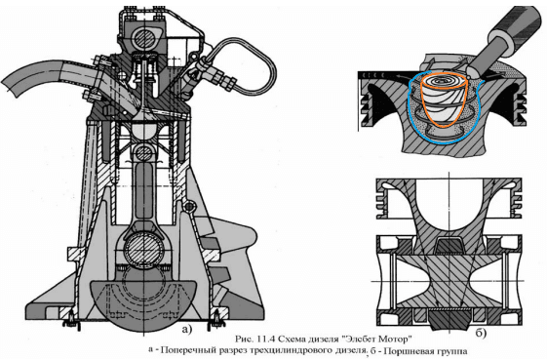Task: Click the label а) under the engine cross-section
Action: click(186, 329)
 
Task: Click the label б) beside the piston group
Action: click(481, 334)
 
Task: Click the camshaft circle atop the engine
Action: click(144, 36)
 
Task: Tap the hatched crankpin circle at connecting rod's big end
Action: click(143, 249)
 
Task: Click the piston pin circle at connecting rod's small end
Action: click(143, 151)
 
